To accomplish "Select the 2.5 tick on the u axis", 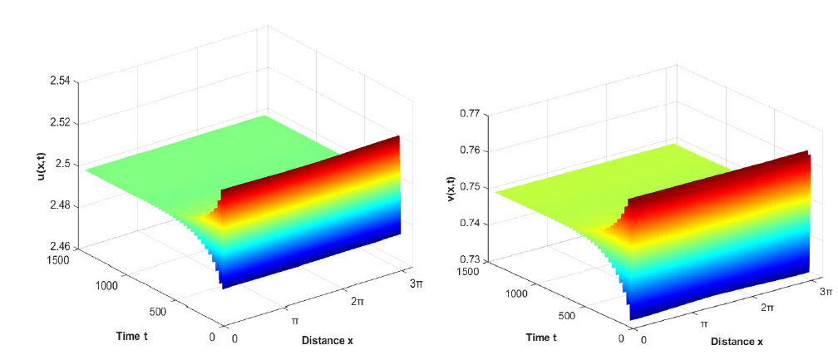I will [62, 165].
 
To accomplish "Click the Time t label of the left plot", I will [135, 336].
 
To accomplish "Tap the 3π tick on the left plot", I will [416, 284].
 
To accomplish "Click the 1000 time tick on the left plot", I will [106, 285].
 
